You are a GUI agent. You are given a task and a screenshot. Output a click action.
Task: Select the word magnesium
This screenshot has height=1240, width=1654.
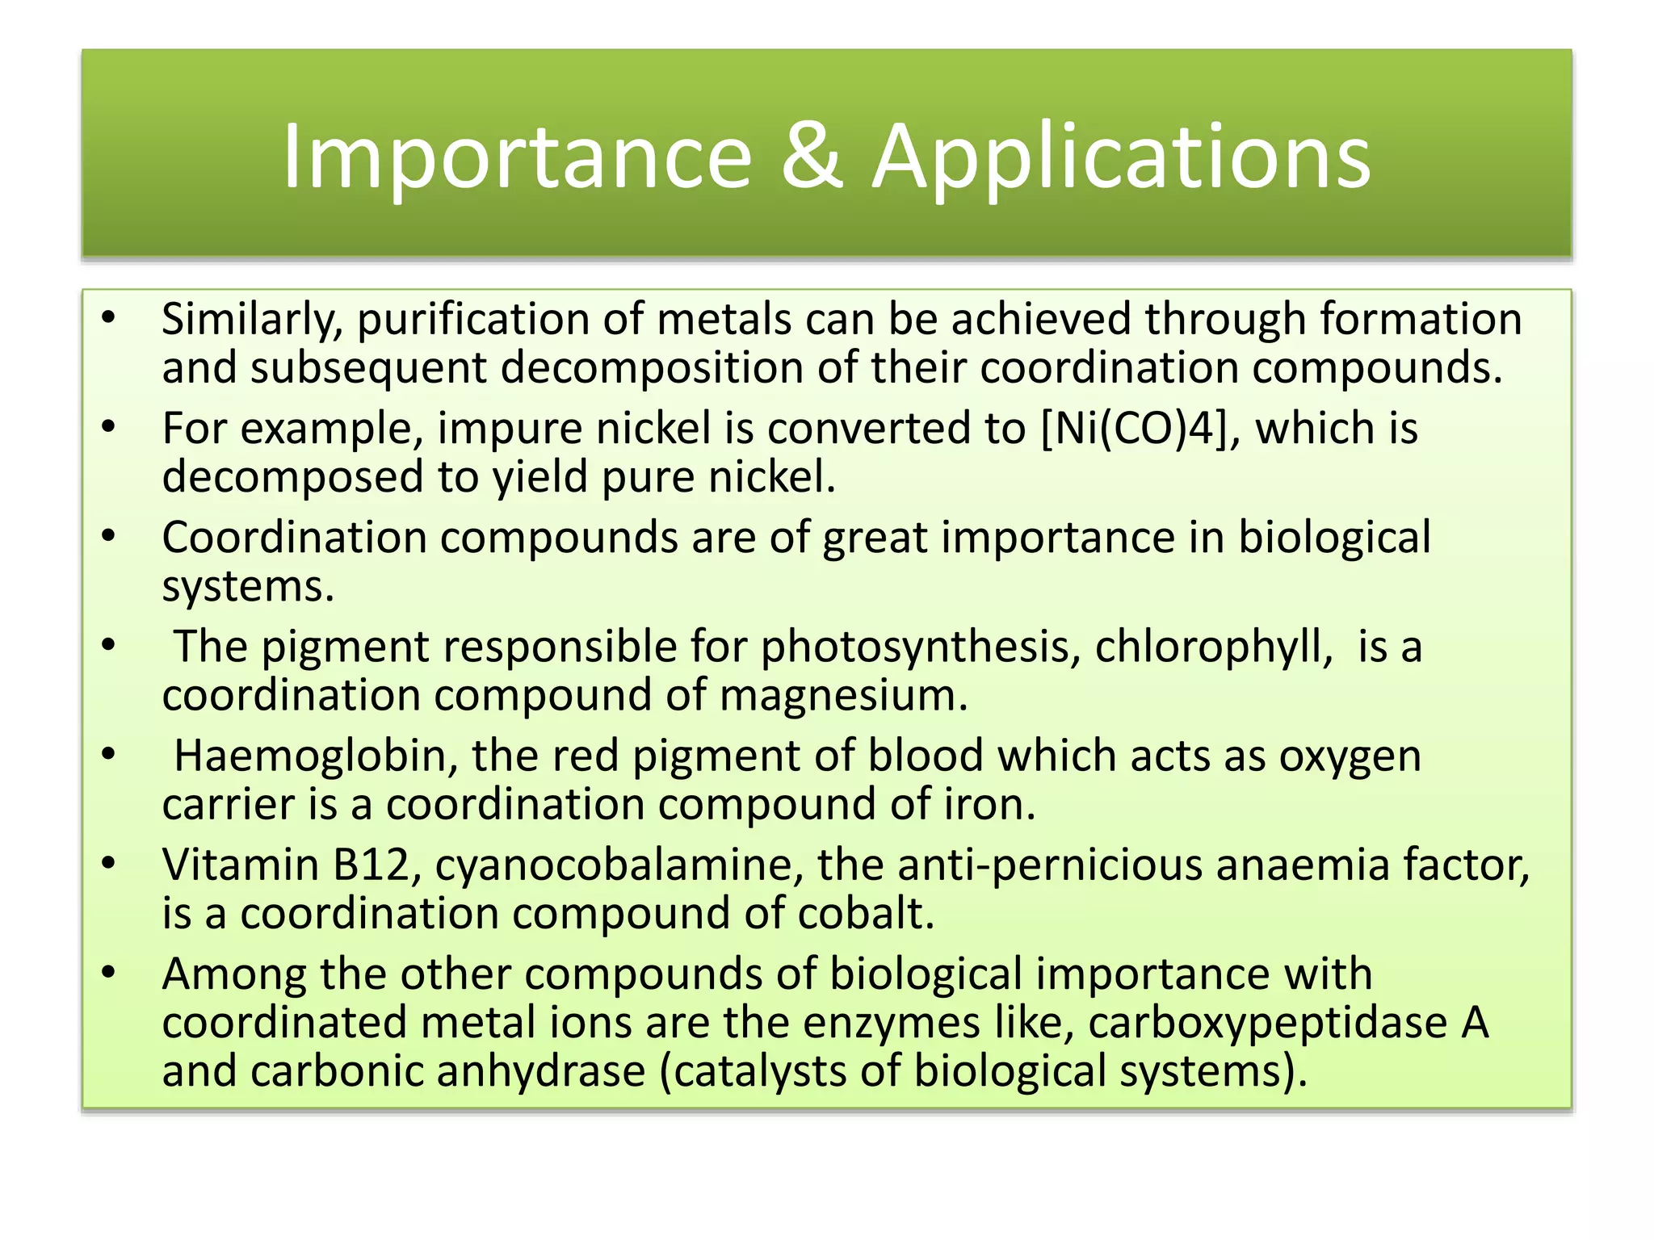843,695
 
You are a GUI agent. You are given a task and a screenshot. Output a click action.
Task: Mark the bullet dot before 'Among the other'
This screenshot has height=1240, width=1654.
109,972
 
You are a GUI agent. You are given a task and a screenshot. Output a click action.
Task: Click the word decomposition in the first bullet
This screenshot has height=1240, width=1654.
652,367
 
